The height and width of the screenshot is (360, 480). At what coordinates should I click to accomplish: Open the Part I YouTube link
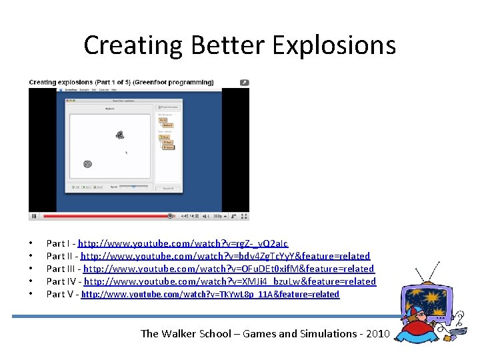(x=184, y=244)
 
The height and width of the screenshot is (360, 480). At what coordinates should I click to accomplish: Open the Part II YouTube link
(x=225, y=256)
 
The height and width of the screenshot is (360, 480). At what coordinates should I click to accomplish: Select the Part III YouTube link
(x=229, y=269)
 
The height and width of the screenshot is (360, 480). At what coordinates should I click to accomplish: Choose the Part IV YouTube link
(x=230, y=281)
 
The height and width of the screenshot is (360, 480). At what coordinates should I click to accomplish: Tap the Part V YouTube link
(x=210, y=294)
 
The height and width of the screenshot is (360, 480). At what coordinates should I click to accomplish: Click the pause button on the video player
(x=34, y=216)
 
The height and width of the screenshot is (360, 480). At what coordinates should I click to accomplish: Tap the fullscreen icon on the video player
(x=244, y=216)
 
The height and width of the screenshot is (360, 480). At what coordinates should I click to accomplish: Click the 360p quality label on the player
(x=217, y=216)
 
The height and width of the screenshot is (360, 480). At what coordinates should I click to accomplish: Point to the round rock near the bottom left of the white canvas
(x=87, y=164)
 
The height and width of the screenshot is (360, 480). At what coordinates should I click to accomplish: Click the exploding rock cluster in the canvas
(x=120, y=135)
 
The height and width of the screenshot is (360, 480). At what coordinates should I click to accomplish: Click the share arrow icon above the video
(x=244, y=83)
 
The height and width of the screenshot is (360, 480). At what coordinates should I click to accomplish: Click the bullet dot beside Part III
(x=31, y=269)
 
